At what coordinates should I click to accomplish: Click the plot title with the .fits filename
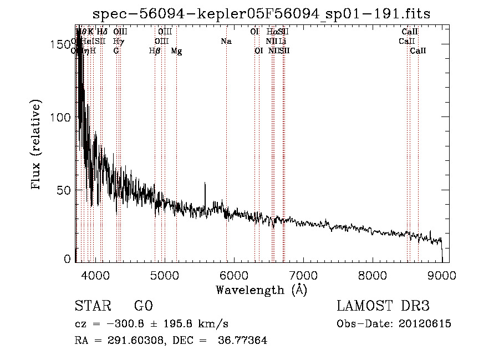[261, 14]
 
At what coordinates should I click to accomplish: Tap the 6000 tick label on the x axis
[233, 275]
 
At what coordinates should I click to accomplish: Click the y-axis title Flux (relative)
[37, 146]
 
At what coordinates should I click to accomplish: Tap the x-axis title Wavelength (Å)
[261, 290]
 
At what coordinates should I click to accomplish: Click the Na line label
[226, 42]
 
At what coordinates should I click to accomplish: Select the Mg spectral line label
[176, 51]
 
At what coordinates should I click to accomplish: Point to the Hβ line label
[155, 51]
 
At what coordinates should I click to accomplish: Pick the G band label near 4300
[116, 50]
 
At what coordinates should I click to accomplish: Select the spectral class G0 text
[143, 306]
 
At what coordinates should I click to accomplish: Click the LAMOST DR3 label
[383, 306]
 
